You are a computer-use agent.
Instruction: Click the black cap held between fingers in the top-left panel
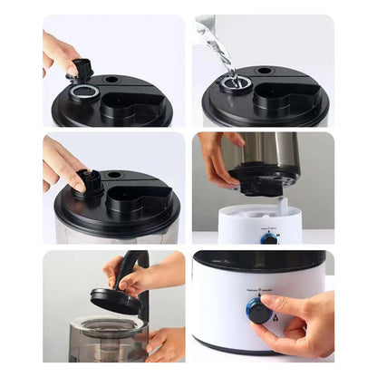[82, 68]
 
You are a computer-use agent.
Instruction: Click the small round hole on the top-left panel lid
[111, 80]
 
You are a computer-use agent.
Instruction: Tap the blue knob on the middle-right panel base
[269, 239]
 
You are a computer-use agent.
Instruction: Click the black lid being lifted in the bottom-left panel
[115, 301]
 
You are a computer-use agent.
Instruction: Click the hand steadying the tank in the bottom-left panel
[168, 343]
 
